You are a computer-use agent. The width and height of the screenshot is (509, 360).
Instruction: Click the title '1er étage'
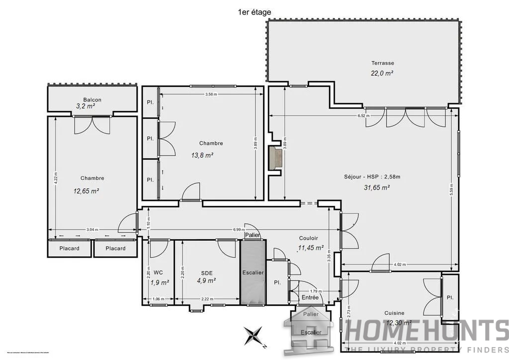254,12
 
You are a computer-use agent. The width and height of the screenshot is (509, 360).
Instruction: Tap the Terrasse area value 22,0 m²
382,73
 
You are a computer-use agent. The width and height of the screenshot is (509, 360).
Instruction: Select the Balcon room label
92,99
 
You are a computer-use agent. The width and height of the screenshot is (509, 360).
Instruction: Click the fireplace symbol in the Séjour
275,158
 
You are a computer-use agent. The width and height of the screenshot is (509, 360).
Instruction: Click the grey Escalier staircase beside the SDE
253,272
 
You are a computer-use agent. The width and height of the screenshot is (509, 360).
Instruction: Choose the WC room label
158,272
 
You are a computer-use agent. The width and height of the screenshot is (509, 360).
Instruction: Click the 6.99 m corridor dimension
239,229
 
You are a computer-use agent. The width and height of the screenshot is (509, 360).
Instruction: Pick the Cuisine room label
394,313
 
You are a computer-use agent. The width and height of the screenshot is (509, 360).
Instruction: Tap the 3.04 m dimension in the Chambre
92,229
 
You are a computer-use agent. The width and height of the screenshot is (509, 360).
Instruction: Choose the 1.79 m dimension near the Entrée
314,291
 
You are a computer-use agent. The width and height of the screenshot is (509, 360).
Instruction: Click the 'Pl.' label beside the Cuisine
450,297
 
